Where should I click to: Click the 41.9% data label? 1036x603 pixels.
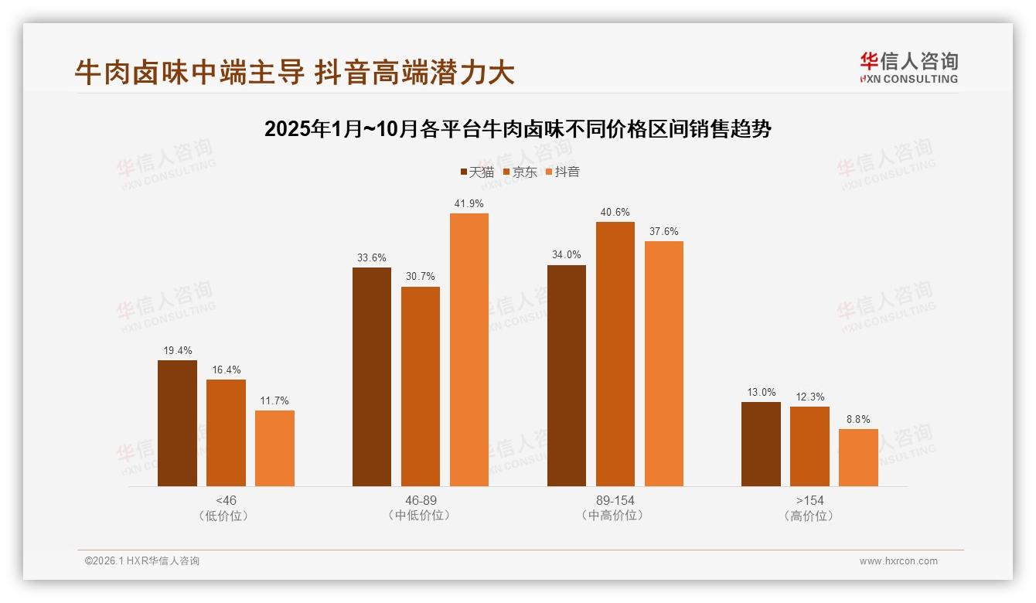(x=469, y=204)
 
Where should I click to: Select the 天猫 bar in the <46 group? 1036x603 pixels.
(x=177, y=423)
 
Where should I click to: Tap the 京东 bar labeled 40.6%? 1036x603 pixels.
(x=615, y=353)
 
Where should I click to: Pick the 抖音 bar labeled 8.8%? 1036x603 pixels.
(x=858, y=457)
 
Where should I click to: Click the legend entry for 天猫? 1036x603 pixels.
(x=477, y=172)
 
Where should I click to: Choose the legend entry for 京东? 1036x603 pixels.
(x=520, y=172)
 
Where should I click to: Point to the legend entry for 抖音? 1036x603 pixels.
(x=563, y=172)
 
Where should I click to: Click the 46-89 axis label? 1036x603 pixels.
(x=421, y=500)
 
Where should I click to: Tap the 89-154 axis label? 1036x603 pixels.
(x=615, y=500)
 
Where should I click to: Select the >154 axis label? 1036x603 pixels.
(x=809, y=500)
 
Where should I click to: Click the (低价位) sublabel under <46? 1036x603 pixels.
(x=226, y=516)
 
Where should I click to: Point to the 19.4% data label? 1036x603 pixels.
(x=177, y=350)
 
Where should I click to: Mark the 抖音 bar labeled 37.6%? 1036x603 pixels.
(x=663, y=363)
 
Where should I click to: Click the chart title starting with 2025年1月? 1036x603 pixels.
(x=518, y=129)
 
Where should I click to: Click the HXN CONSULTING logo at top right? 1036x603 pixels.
(x=908, y=67)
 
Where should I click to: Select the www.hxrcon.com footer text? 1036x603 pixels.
(x=898, y=561)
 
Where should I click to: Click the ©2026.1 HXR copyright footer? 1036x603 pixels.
(x=141, y=561)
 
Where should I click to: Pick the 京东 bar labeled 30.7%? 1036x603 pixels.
(x=421, y=386)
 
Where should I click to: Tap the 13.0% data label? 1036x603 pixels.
(x=761, y=393)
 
